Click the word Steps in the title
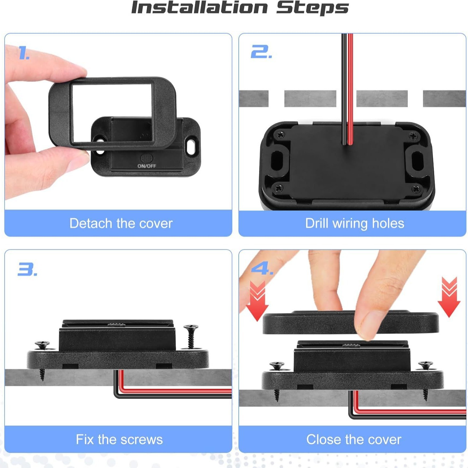(312, 8)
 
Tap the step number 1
(23, 53)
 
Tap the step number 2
(261, 52)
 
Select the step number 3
(27, 269)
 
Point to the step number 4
(262, 269)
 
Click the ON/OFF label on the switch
(147, 166)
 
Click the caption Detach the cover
(121, 223)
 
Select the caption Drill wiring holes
(354, 223)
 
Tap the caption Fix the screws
(119, 439)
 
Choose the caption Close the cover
(354, 439)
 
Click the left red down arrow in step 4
(257, 301)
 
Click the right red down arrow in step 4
(449, 297)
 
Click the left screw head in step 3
(42, 344)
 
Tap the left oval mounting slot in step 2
(277, 159)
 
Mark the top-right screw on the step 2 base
(413, 136)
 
